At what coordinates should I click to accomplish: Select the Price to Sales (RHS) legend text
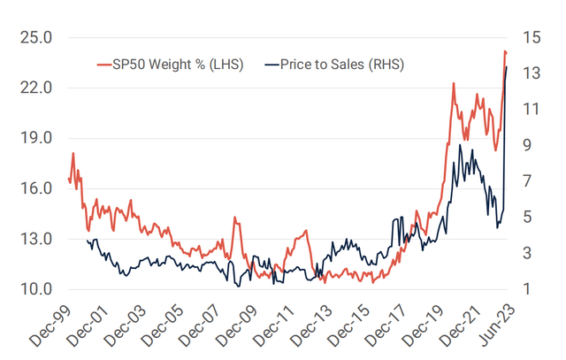342,65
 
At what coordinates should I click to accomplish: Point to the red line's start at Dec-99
68,180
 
